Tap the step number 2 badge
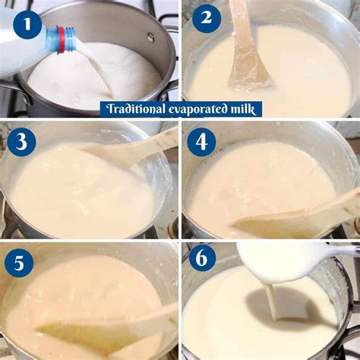point(207,17)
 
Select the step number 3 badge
point(21,142)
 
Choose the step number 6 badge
point(201,259)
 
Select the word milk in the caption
point(246,109)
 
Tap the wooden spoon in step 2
point(248,46)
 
